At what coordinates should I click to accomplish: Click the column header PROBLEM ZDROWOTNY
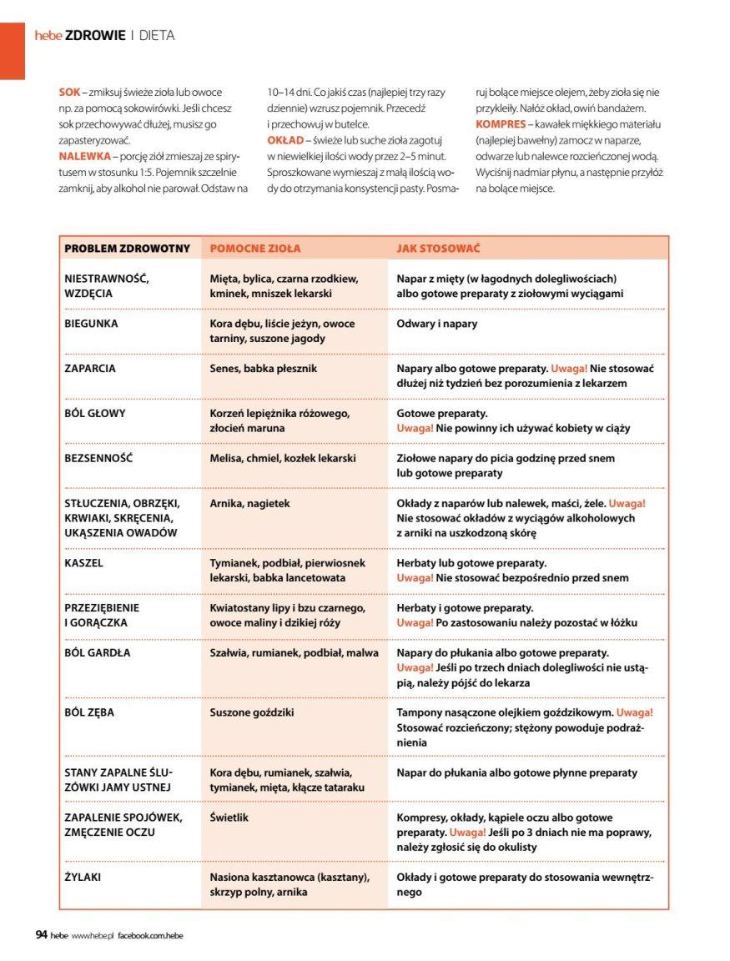[x=127, y=249]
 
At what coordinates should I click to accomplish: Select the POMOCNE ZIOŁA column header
[x=254, y=249]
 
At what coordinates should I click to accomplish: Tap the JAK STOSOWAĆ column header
[x=437, y=249]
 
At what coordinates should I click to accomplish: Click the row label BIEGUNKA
[x=91, y=324]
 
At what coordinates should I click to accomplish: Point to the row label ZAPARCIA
[x=90, y=368]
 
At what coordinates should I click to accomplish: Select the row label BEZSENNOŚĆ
[x=98, y=458]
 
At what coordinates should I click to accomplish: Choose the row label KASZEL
[x=83, y=563]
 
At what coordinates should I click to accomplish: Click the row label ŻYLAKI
[x=83, y=878]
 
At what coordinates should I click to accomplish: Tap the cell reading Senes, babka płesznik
[x=263, y=368]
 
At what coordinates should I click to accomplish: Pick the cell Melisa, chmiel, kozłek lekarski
[x=283, y=458]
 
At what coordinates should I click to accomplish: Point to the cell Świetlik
[x=229, y=818]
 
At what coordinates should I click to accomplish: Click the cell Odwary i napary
[x=437, y=324]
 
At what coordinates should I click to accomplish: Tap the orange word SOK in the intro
[x=69, y=92]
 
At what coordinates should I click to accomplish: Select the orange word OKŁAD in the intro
[x=285, y=140]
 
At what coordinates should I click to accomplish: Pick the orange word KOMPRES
[x=501, y=123]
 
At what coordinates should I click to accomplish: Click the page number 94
[x=41, y=935]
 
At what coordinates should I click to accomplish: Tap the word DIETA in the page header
[x=156, y=35]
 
